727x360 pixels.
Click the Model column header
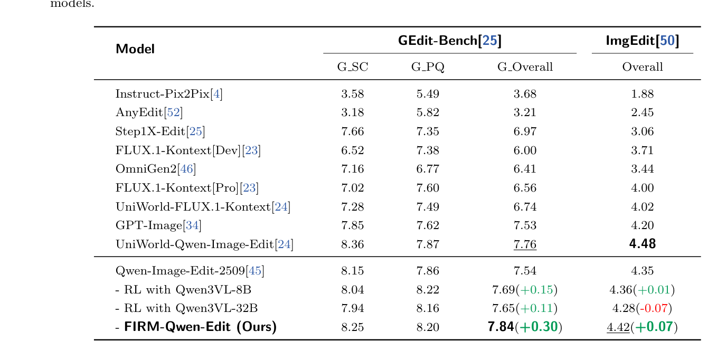[135, 49]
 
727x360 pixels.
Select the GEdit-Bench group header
[449, 41]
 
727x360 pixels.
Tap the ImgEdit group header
[642, 41]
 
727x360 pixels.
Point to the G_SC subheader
[353, 67]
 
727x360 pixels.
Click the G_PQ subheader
[428, 67]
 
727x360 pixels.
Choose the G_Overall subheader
[525, 67]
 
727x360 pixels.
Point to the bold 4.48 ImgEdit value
[642, 244]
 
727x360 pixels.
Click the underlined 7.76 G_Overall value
[525, 244]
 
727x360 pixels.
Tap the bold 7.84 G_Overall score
[501, 327]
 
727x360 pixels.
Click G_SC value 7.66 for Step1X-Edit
[353, 131]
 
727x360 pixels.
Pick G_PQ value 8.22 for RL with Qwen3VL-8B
[428, 290]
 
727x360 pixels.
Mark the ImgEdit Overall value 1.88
[642, 94]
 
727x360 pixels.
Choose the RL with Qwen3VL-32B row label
[187, 308]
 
